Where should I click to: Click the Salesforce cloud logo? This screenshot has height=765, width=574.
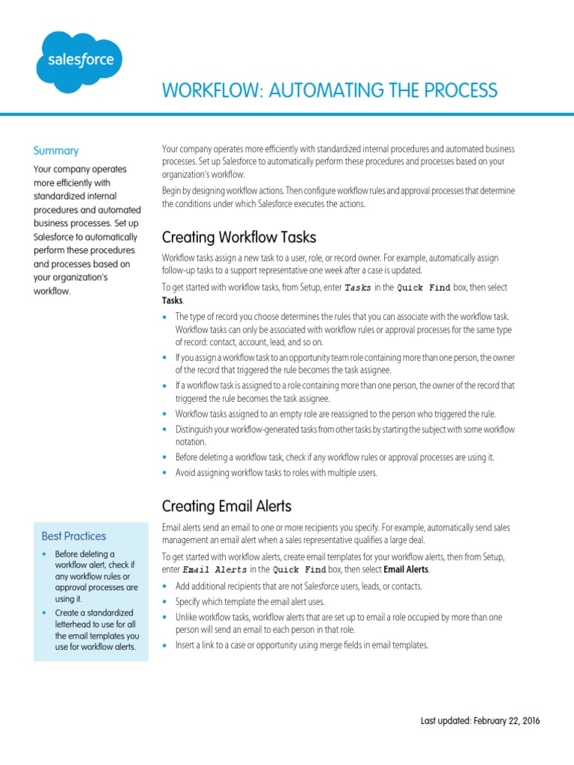[x=79, y=61]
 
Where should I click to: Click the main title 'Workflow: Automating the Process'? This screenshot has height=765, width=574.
[x=330, y=90]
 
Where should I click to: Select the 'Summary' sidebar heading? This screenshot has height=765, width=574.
[x=56, y=150]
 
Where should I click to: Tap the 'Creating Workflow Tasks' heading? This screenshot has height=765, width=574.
[x=239, y=238]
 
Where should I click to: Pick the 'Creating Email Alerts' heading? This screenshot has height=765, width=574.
[x=227, y=506]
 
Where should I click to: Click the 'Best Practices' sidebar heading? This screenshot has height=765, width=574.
[x=74, y=536]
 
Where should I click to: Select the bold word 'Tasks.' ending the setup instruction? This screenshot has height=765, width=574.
[x=173, y=300]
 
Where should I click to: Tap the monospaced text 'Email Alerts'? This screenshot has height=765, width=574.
[x=214, y=570]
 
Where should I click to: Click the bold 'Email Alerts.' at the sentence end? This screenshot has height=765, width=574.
[x=407, y=570]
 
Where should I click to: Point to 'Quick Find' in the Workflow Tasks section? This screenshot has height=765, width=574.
[x=424, y=288]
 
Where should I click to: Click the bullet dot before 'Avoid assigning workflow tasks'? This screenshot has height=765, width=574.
[x=165, y=473]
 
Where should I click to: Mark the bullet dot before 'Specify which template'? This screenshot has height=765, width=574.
[x=165, y=601]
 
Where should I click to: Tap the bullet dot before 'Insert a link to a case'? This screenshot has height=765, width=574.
[x=165, y=645]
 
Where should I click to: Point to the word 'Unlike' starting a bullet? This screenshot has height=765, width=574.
[x=186, y=617]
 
